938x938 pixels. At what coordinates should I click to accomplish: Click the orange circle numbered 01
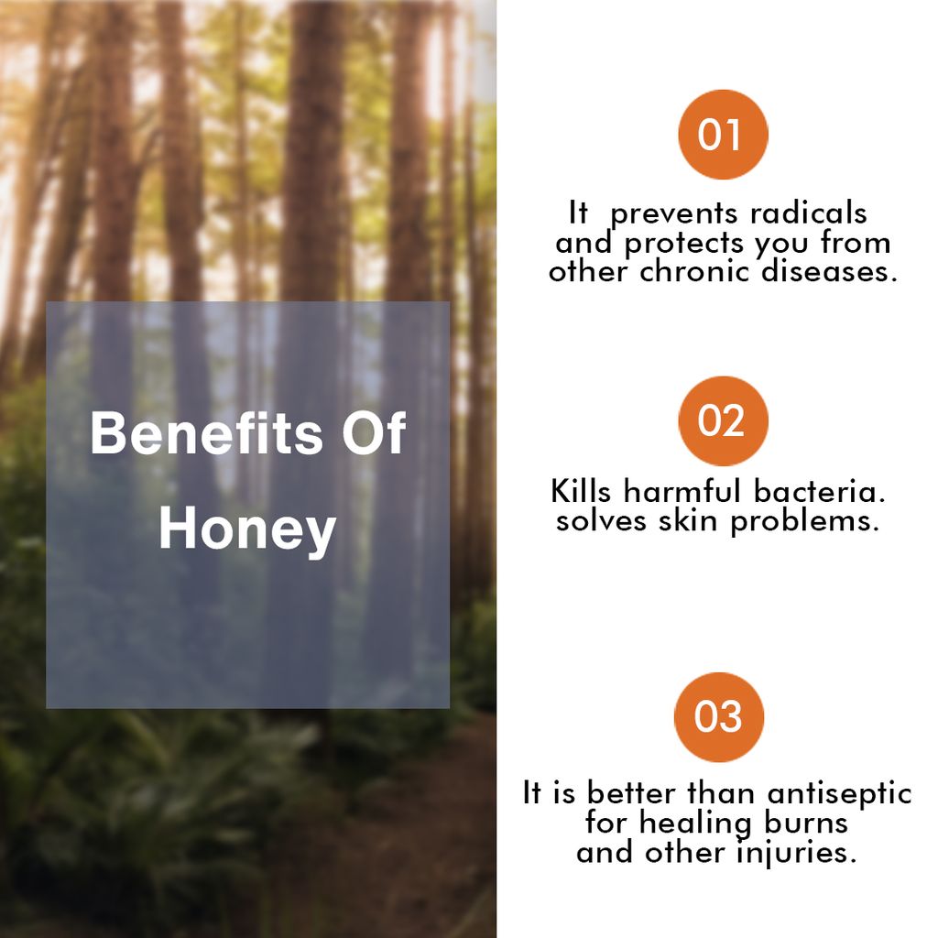pos(722,135)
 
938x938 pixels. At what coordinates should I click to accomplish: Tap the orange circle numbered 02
pos(722,420)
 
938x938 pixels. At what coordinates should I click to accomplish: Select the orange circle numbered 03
pos(718,717)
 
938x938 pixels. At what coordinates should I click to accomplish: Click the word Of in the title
pos(372,433)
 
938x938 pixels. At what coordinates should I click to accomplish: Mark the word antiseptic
pos(839,792)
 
